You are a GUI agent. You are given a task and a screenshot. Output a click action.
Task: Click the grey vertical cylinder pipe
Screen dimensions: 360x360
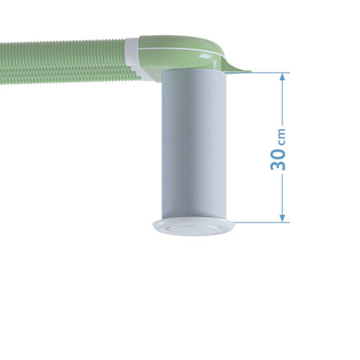(x=192, y=144)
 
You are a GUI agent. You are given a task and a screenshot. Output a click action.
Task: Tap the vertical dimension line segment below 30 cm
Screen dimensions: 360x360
(x=283, y=196)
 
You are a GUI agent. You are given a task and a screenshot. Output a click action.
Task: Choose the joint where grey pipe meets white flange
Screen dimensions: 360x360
(x=192, y=217)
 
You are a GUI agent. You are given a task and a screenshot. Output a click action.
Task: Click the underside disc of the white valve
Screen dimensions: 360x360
(x=193, y=231)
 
